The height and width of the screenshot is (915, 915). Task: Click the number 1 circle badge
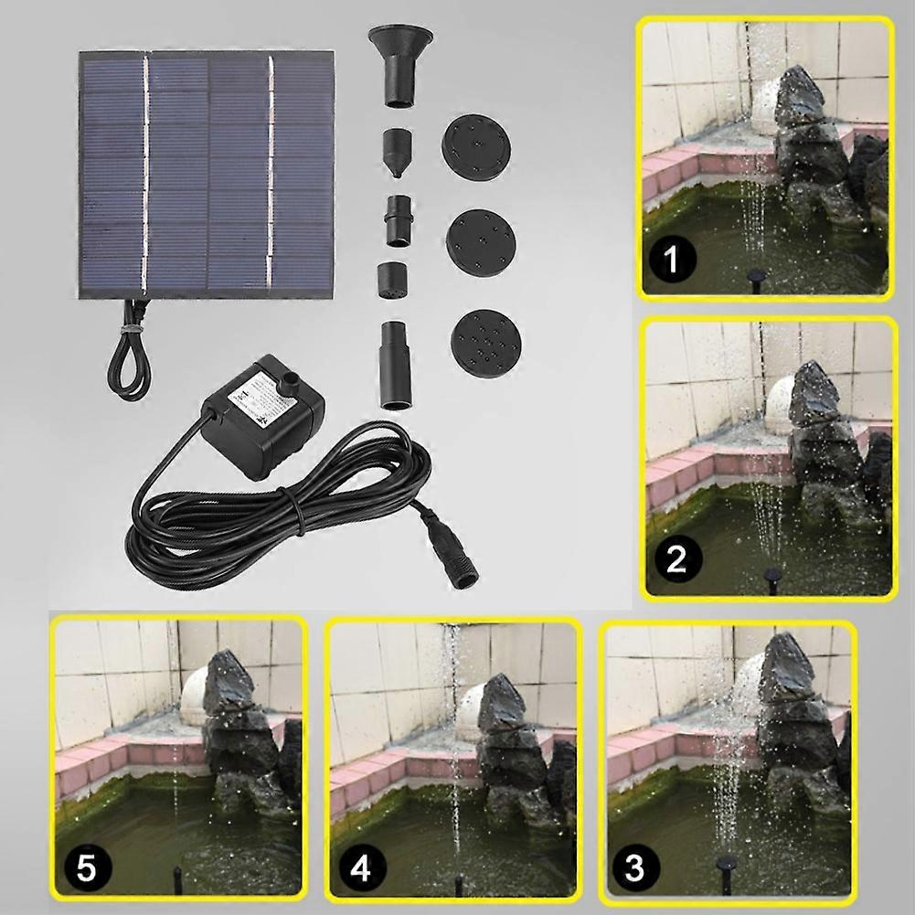pyautogui.click(x=672, y=259)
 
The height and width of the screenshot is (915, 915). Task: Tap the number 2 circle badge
pyautogui.click(x=676, y=559)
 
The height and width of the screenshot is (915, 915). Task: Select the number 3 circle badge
pyautogui.click(x=634, y=867)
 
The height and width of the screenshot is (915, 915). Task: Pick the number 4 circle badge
pyautogui.click(x=361, y=867)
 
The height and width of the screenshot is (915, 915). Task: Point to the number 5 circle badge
pyautogui.click(x=86, y=868)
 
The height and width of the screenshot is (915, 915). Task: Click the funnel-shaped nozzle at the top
pyautogui.click(x=400, y=65)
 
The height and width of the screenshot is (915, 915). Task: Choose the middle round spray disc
pyautogui.click(x=481, y=243)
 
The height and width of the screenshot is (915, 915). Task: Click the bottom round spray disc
pyautogui.click(x=486, y=344)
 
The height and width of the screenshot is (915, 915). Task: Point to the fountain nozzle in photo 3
pyautogui.click(x=727, y=873)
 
